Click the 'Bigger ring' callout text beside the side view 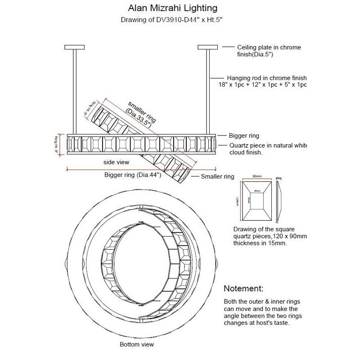pyautogui.click(x=244, y=135)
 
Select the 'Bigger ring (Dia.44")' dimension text pyautogui.click(x=132, y=175)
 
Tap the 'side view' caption pyautogui.click(x=116, y=162)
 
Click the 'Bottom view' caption pyautogui.click(x=136, y=345)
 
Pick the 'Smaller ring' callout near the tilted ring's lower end pyautogui.click(x=217, y=177)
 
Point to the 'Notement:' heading pyautogui.click(x=243, y=288)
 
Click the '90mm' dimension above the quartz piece pyautogui.click(x=257, y=176)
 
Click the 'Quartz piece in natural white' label pyautogui.click(x=269, y=146)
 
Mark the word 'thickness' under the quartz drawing pyautogui.click(x=247, y=243)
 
